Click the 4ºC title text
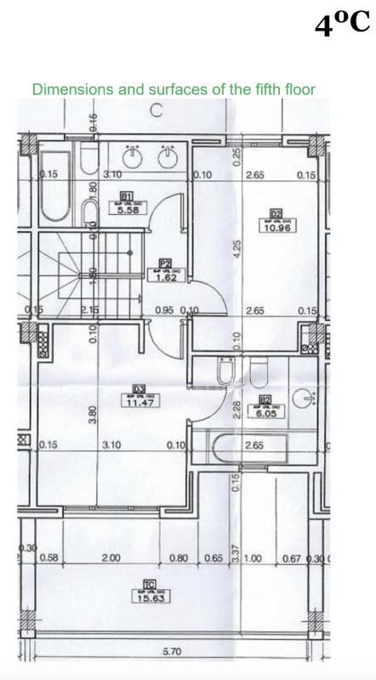(x=342, y=25)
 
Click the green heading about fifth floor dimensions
(x=174, y=88)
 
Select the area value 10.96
(x=276, y=228)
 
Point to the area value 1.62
(x=164, y=277)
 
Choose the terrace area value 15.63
(x=149, y=598)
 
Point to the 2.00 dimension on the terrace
(x=111, y=558)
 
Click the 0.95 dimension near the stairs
(x=164, y=311)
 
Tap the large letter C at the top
(x=157, y=110)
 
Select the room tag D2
(x=276, y=213)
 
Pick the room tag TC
(x=149, y=584)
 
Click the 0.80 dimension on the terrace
(x=179, y=558)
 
